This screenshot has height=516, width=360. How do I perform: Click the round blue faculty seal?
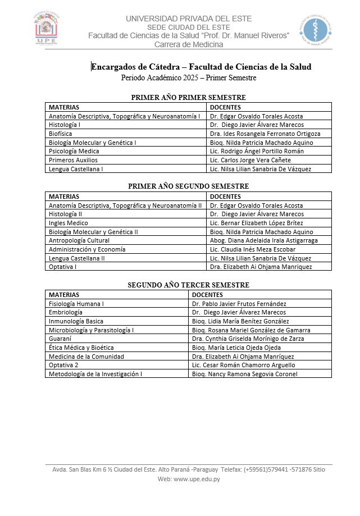[313, 30]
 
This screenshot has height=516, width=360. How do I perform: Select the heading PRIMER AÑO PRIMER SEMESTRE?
[188, 98]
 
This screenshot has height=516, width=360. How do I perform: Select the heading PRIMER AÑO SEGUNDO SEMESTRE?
[188, 186]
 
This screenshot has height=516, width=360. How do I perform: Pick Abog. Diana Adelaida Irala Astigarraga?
[263, 240]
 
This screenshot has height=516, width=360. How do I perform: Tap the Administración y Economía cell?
[87, 249]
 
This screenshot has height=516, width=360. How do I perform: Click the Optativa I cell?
[63, 267]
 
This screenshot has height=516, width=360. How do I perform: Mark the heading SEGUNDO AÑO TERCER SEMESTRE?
[188, 285]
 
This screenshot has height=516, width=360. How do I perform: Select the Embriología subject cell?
[66, 312]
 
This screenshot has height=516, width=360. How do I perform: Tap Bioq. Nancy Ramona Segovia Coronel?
[244, 374]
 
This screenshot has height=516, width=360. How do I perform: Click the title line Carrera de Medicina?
[189, 44]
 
